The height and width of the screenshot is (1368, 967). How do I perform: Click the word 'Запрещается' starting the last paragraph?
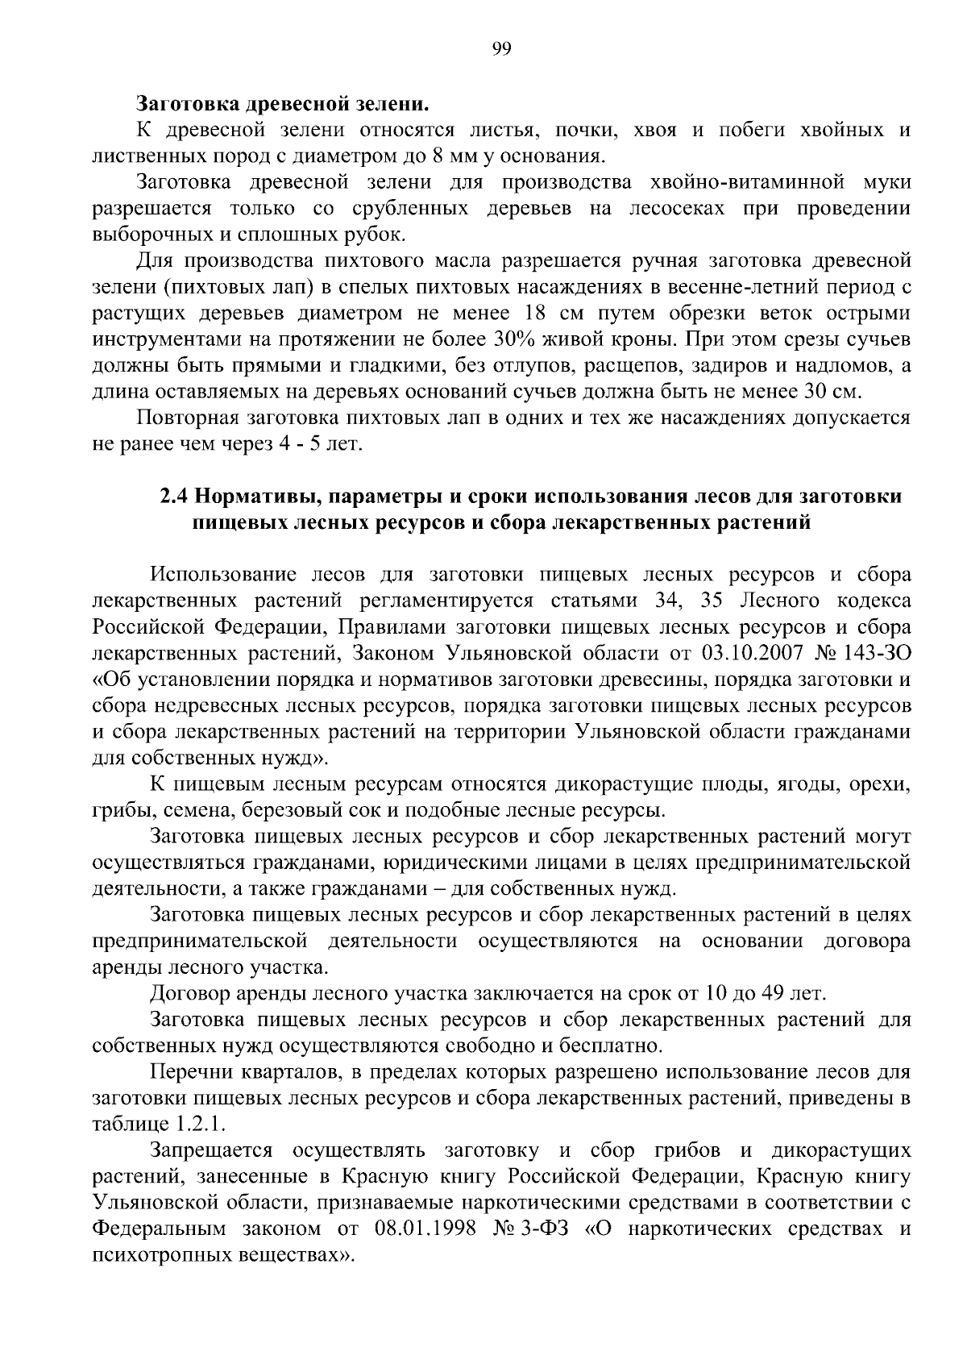212,1150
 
